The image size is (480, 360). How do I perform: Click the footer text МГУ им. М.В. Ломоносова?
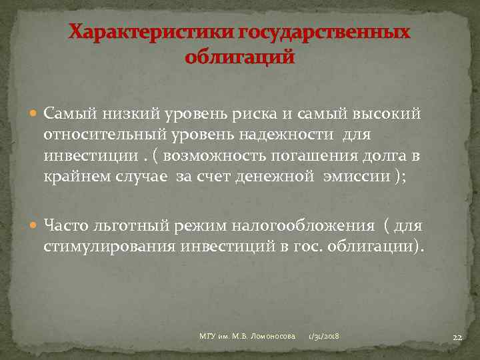pyautogui.click(x=247, y=337)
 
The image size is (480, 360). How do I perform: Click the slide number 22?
pyautogui.click(x=457, y=338)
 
